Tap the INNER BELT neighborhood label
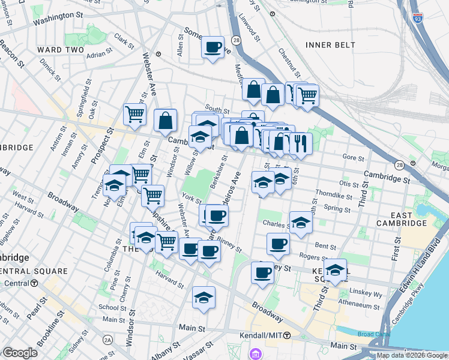[x=330, y=45]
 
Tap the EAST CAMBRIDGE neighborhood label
[x=393, y=219]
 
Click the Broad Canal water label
[x=373, y=335]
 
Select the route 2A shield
[x=107, y=340]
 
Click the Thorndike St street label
[x=334, y=196]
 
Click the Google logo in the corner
[x=20, y=353]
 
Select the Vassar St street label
[x=202, y=347]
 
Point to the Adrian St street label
[x=96, y=55]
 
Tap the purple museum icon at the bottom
[x=256, y=353]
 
